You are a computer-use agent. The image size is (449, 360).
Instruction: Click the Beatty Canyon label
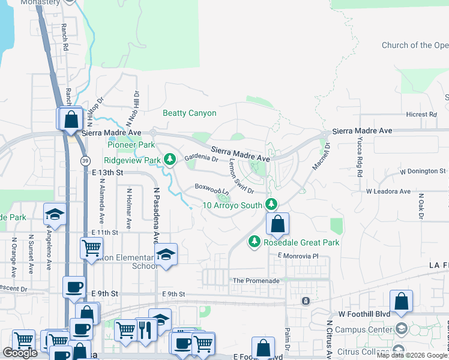pos(190,113)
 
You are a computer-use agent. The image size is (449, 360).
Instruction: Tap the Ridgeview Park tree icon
pos(170,159)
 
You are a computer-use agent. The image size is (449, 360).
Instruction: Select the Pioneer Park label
pos(131,145)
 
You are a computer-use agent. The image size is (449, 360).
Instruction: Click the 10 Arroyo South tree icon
pos(272,205)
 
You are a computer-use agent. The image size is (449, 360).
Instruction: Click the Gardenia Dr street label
pos(201,158)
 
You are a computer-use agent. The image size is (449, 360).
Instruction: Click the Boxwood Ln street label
pos(212,188)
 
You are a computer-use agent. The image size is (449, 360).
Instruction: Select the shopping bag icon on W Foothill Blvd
pos(401,301)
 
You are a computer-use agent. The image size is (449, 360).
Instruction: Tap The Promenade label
pos(256,281)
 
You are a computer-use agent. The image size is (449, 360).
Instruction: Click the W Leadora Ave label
pos(388,191)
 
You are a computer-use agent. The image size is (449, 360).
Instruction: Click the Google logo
pos(20,353)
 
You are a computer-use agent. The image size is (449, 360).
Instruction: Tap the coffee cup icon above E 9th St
pos(74,287)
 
